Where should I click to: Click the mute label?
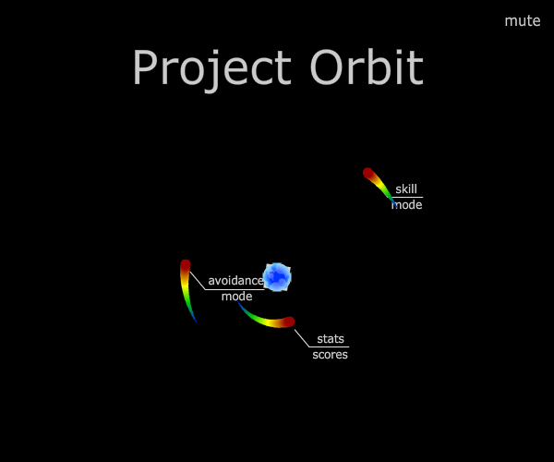[523, 21]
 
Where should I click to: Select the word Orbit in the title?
[367, 67]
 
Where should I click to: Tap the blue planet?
[277, 277]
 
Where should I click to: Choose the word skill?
[406, 189]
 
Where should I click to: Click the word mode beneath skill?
[406, 205]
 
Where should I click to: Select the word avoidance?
[236, 281]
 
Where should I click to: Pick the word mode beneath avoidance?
[236, 297]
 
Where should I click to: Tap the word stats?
[331, 339]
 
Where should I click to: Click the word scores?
[330, 355]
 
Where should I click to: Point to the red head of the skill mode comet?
[367, 173]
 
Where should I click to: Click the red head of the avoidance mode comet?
[186, 265]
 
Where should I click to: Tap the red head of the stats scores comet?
[289, 322]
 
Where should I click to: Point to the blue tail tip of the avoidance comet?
[197, 322]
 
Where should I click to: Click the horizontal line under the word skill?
[407, 197]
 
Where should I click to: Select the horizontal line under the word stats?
[329, 346]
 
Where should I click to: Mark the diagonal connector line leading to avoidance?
[198, 281]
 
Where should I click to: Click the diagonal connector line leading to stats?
[302, 338]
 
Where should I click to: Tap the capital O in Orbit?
[327, 67]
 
